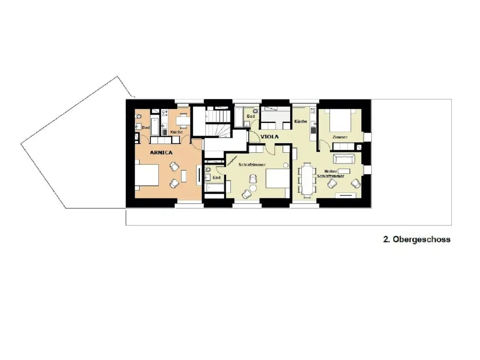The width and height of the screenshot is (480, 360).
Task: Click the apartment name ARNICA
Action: pyautogui.click(x=161, y=152)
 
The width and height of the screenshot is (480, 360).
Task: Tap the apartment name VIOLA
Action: pyautogui.click(x=269, y=137)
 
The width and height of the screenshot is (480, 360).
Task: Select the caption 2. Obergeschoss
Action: pyautogui.click(x=417, y=240)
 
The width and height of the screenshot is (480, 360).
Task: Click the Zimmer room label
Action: pyautogui.click(x=340, y=137)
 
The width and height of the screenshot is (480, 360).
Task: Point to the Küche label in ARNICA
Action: pyautogui.click(x=176, y=132)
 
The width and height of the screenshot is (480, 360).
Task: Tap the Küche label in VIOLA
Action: pyautogui.click(x=301, y=121)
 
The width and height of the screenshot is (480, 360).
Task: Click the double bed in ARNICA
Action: pyautogui.click(x=147, y=175)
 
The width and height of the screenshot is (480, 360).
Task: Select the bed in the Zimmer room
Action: pyautogui.click(x=340, y=120)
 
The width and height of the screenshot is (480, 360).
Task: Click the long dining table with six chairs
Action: pyautogui.click(x=307, y=180)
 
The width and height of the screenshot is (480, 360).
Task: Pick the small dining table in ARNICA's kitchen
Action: pyautogui.click(x=183, y=121)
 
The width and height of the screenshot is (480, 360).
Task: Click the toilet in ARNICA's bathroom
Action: pyautogui.click(x=138, y=117)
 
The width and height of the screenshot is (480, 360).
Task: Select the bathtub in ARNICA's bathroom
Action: pyautogui.click(x=155, y=126)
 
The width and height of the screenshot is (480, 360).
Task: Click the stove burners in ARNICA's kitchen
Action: pyautogui.click(x=165, y=113)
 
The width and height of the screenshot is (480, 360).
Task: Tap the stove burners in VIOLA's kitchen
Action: pyautogui.click(x=313, y=110)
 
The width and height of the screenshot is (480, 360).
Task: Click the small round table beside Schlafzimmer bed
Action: pyautogui.click(x=286, y=165)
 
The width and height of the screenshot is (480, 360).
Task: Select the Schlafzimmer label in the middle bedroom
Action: pyautogui.click(x=252, y=165)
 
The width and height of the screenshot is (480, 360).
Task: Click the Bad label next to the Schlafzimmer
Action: pyautogui.click(x=216, y=178)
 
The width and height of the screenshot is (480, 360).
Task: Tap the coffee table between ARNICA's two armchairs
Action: pyautogui.click(x=184, y=176)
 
